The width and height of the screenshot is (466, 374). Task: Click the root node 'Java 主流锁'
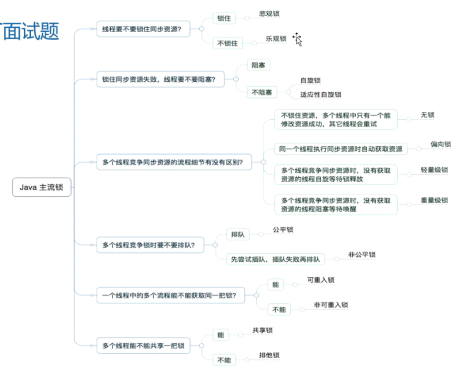[42, 187]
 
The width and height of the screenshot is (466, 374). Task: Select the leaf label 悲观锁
[269, 14]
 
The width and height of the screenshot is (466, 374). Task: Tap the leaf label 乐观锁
[276, 39]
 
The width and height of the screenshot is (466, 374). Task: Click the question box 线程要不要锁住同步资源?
[143, 29]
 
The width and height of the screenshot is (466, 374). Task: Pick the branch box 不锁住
[227, 43]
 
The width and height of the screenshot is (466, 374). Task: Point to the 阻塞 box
[258, 65]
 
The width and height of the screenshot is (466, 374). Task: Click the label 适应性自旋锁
[320, 95]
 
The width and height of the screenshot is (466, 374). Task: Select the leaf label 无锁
[427, 115]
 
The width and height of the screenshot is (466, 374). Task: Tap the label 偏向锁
[440, 144]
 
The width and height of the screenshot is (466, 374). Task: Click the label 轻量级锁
[434, 170]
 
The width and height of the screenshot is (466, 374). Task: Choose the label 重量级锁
[434, 200]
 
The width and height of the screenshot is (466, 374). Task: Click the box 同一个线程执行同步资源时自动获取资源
[340, 149]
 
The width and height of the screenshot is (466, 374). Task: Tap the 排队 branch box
[238, 234]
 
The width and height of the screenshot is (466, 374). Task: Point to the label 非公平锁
[361, 255]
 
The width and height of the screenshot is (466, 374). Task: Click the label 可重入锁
[321, 280]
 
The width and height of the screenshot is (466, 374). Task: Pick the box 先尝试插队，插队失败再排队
[275, 259]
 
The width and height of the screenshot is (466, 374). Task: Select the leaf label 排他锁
[269, 355]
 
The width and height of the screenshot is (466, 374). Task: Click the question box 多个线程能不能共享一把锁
[143, 346]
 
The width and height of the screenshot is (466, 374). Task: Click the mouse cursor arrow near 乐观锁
[297, 39]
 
